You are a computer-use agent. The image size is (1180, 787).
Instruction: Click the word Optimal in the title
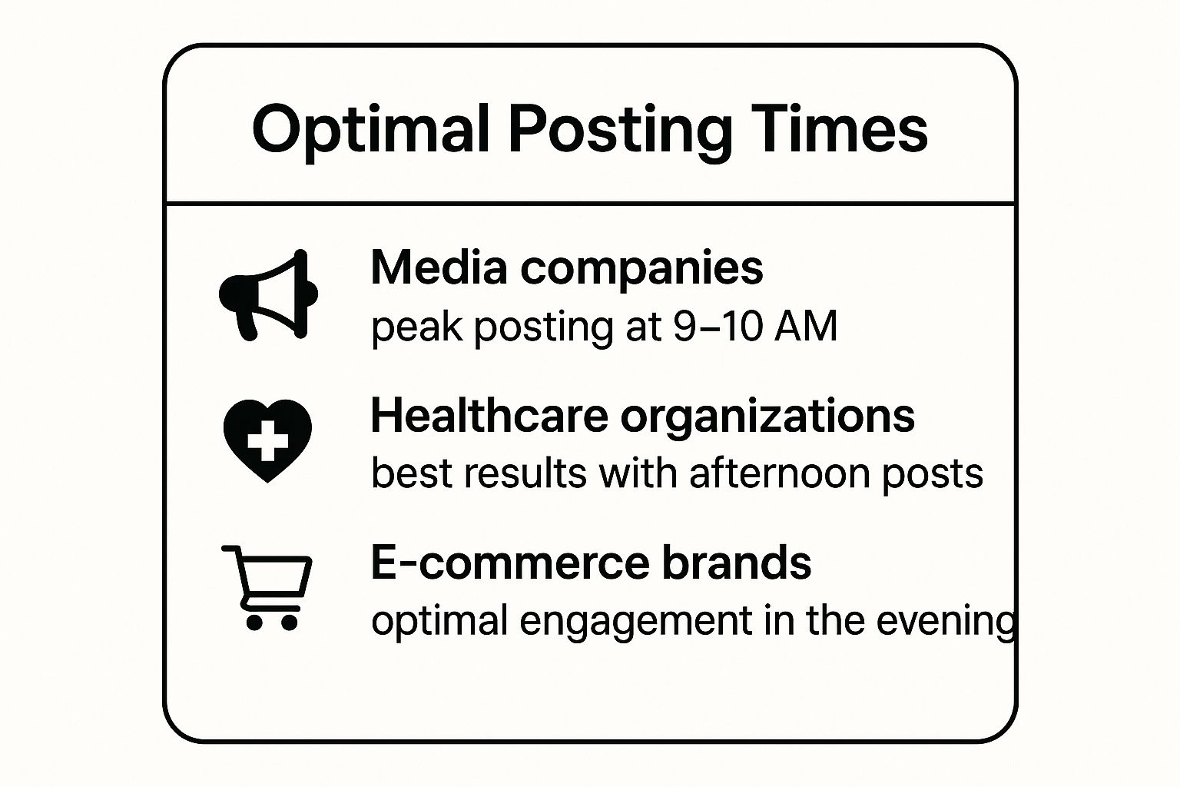(x=371, y=130)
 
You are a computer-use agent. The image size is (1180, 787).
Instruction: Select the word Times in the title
(x=839, y=128)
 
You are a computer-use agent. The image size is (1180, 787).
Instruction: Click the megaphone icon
(x=269, y=294)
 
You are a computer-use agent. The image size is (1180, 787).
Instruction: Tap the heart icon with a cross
(x=267, y=440)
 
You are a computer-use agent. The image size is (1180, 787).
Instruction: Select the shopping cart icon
(x=267, y=587)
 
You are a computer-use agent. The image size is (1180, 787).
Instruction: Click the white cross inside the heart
(x=268, y=440)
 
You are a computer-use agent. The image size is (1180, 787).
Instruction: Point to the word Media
(x=439, y=267)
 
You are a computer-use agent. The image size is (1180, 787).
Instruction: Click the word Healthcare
(x=489, y=415)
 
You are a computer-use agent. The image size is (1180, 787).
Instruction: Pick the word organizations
(x=767, y=420)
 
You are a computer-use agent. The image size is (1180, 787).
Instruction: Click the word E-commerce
(x=510, y=563)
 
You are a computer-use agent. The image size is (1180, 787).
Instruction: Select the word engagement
(x=636, y=623)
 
